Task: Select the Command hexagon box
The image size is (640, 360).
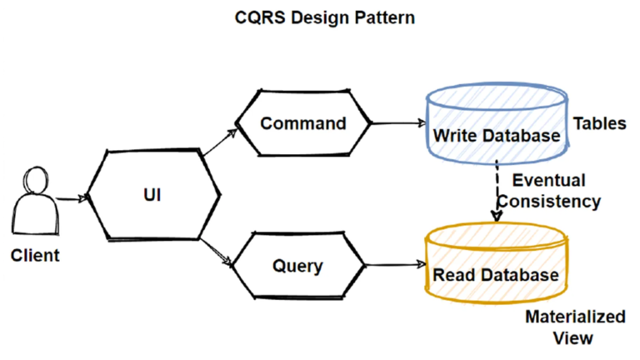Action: coord(302,124)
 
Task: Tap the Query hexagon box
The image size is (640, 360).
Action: coord(297,267)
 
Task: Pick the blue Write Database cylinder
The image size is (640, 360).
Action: coord(497,125)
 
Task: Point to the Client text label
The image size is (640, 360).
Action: coord(35,255)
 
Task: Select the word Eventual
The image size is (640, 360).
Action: coord(548,180)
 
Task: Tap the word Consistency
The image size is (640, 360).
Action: coord(556,201)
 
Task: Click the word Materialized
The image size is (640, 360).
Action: coord(575,317)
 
